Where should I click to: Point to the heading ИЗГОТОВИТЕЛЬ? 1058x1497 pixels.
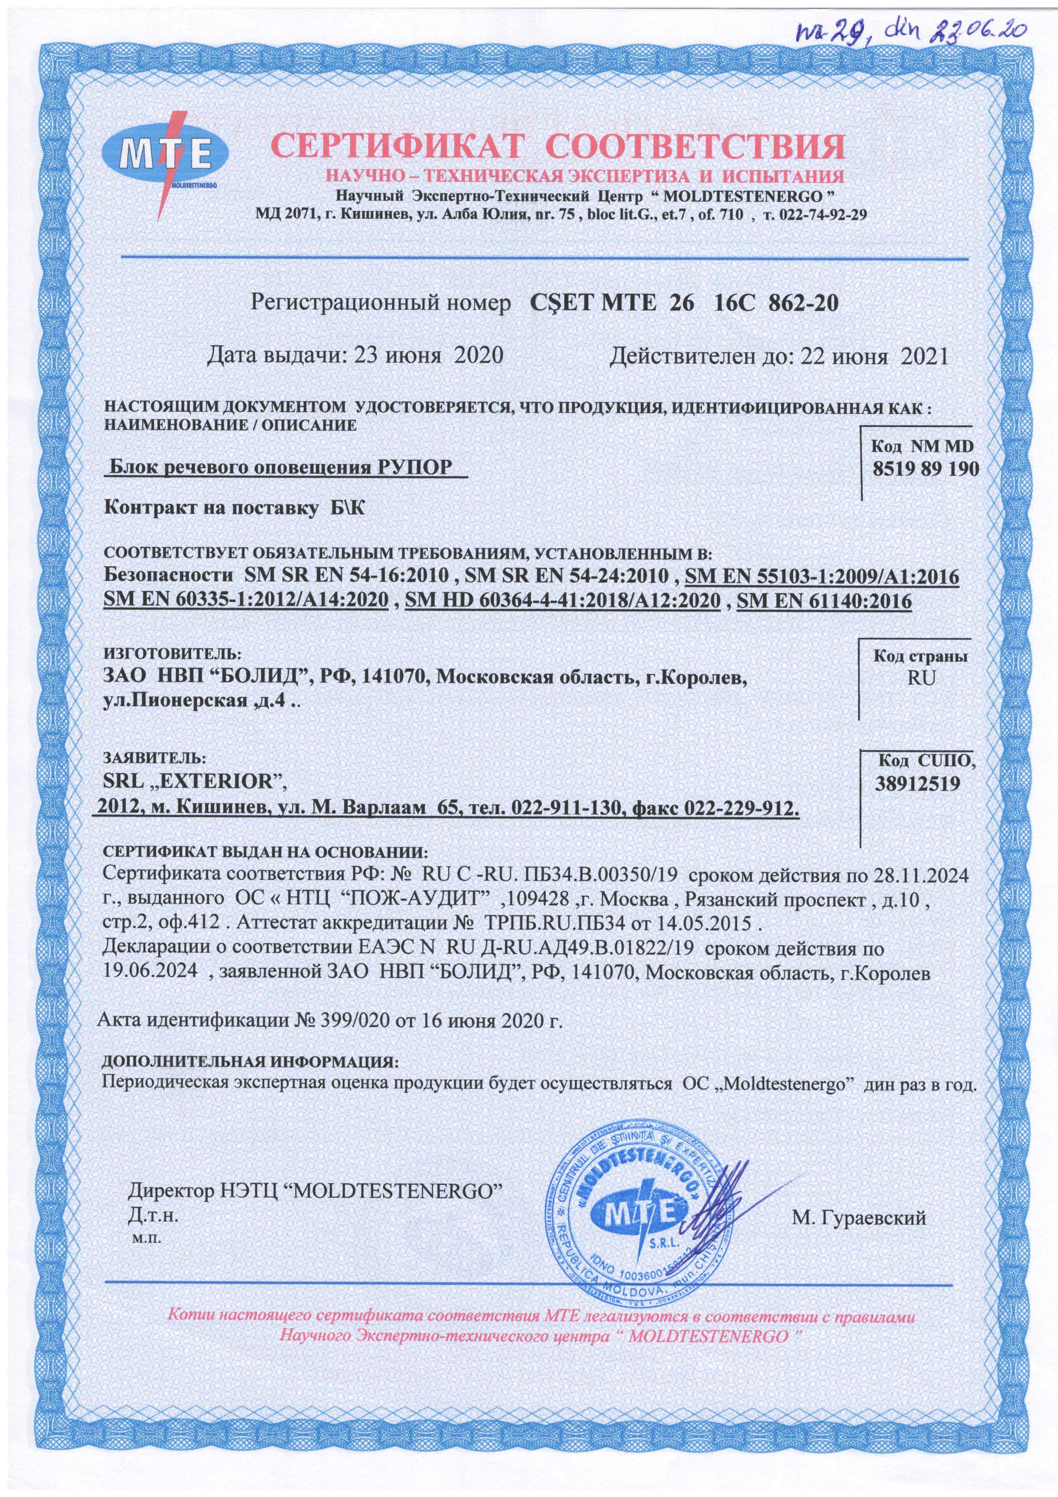point(173,651)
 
